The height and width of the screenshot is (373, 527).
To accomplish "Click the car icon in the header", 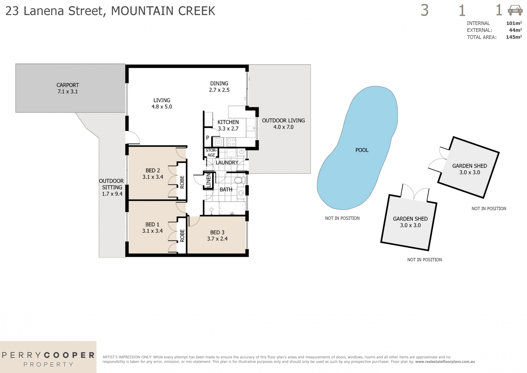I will (x=515, y=10).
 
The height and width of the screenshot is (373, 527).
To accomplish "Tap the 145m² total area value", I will (x=514, y=37).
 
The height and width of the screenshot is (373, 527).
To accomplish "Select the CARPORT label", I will (x=68, y=85).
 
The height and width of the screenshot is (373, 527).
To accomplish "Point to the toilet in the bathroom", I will (x=238, y=180).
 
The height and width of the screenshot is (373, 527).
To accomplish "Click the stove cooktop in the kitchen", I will (x=231, y=142).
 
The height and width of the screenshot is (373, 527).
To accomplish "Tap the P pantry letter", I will (x=207, y=138).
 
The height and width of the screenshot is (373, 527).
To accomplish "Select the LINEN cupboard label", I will (x=208, y=180).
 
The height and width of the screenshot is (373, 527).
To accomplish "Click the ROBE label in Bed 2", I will (x=182, y=182).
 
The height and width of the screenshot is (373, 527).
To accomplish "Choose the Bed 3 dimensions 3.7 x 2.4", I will (x=217, y=239).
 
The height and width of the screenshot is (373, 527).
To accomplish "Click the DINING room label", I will (x=219, y=83).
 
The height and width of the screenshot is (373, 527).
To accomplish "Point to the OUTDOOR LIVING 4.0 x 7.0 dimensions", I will (x=283, y=127).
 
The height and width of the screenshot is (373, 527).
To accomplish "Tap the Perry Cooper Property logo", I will (x=48, y=359).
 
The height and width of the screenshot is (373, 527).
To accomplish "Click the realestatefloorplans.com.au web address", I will (x=445, y=362).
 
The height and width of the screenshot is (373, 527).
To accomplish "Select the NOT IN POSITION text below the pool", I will (x=342, y=218).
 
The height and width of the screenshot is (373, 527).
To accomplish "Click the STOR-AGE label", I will (x=211, y=153).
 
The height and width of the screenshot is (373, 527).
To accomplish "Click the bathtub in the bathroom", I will (x=232, y=208).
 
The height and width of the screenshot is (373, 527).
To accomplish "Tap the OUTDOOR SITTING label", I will (x=112, y=184).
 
